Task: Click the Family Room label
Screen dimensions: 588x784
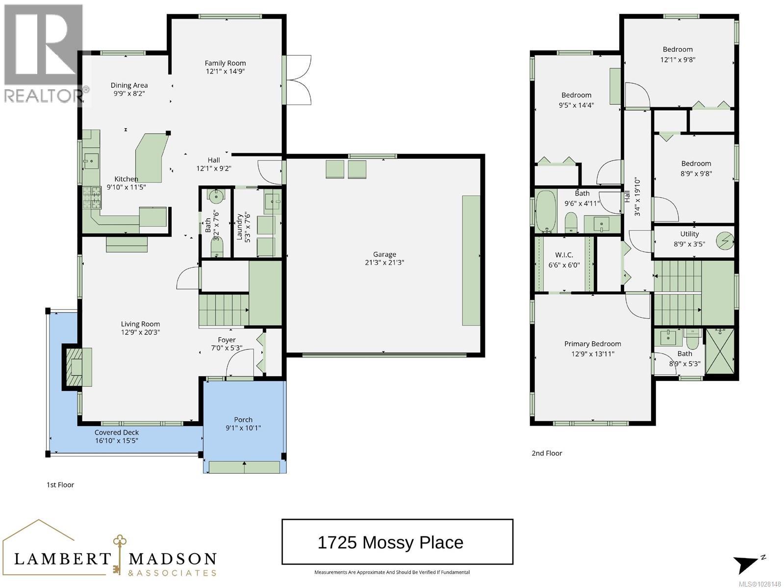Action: [x=225, y=63]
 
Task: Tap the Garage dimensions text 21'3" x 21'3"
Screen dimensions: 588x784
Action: [x=384, y=262]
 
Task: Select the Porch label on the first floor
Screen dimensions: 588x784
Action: [x=243, y=419]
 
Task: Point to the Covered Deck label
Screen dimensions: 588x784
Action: [x=117, y=432]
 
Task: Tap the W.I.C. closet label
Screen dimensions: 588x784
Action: [x=564, y=255]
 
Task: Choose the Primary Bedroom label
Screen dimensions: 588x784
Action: [x=592, y=344]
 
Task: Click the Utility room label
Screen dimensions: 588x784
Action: [x=689, y=234]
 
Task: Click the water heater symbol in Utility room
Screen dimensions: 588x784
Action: [x=725, y=240]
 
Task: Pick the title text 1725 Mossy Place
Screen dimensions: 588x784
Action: [x=390, y=542]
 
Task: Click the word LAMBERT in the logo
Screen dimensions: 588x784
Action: [x=63, y=559]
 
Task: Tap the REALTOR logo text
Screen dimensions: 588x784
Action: [x=44, y=95]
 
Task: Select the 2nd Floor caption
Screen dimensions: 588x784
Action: [x=547, y=453]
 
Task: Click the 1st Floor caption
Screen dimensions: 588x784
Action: [x=60, y=485]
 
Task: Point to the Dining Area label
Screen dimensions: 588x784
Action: [x=129, y=85]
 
